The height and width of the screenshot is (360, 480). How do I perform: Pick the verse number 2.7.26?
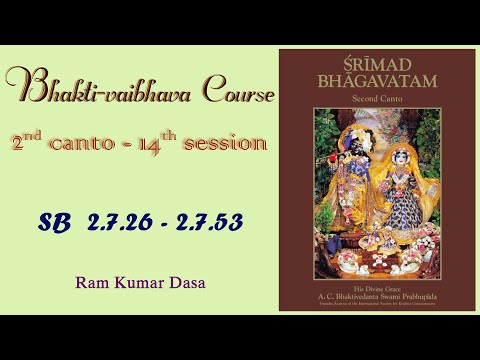point(110,222)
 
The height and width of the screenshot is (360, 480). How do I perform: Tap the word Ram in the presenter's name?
point(90,283)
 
